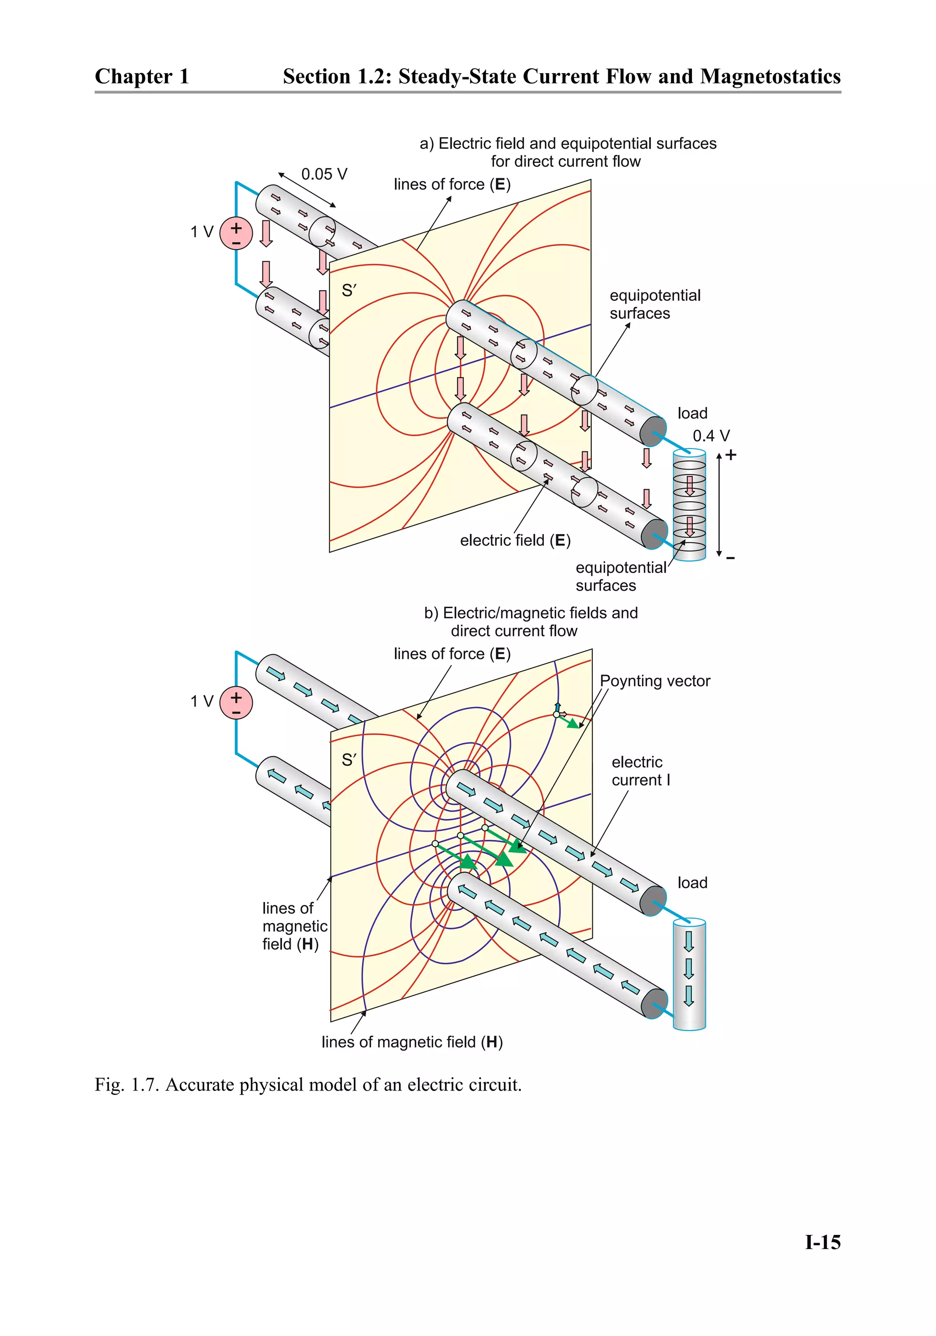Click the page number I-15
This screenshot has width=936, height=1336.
[x=822, y=1243]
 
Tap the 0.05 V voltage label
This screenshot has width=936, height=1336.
[x=324, y=174]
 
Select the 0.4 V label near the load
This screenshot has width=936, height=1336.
[x=710, y=436]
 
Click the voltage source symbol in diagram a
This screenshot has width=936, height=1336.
[x=236, y=233]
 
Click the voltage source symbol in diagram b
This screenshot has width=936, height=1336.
[x=236, y=702]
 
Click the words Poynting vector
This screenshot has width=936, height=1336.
[x=654, y=681]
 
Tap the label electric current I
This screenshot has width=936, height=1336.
[x=640, y=771]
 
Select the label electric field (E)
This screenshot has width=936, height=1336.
[x=515, y=540]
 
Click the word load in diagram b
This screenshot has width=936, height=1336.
[x=692, y=883]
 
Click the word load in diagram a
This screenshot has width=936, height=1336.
[x=692, y=413]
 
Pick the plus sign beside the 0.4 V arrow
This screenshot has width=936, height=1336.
[x=731, y=455]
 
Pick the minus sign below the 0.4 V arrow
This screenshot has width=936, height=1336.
[x=731, y=558]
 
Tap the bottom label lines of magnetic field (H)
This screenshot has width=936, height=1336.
[x=412, y=1042]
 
